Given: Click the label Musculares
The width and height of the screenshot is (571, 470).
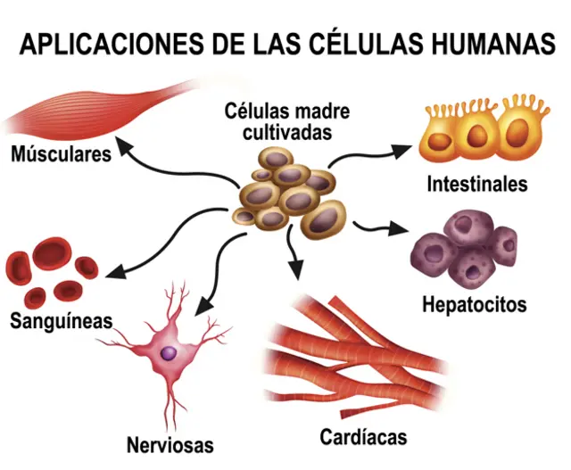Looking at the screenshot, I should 62,154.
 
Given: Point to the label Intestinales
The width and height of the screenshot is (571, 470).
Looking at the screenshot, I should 476,185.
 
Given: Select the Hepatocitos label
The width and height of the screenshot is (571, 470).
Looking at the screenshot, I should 474,304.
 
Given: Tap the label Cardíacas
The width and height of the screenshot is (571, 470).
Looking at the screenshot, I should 364,437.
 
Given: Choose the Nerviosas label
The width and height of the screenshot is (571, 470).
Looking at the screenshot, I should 170,443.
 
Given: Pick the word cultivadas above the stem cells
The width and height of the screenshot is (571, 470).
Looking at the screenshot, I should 287,132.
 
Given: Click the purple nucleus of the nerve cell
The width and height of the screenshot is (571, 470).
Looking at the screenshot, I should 169,353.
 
